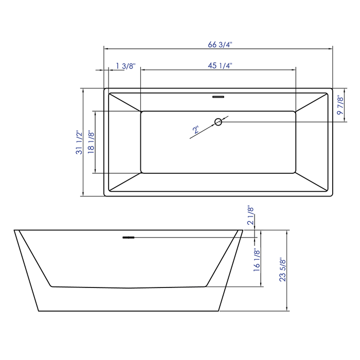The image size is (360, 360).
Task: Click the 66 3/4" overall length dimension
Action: [220, 44]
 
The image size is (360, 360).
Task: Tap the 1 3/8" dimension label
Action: [125, 65]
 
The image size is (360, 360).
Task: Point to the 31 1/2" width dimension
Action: [79, 143]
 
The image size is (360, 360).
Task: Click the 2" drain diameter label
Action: [196, 131]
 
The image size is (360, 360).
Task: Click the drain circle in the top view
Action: [218, 122]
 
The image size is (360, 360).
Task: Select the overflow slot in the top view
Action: [219, 96]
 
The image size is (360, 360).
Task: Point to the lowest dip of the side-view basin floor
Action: [129, 288]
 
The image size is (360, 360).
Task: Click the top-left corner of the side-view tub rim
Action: [14, 230]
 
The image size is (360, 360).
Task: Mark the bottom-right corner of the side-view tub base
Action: [219, 311]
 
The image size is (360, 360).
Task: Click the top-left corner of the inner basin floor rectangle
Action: [141, 111]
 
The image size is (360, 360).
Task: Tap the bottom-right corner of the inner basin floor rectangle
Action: [295, 172]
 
